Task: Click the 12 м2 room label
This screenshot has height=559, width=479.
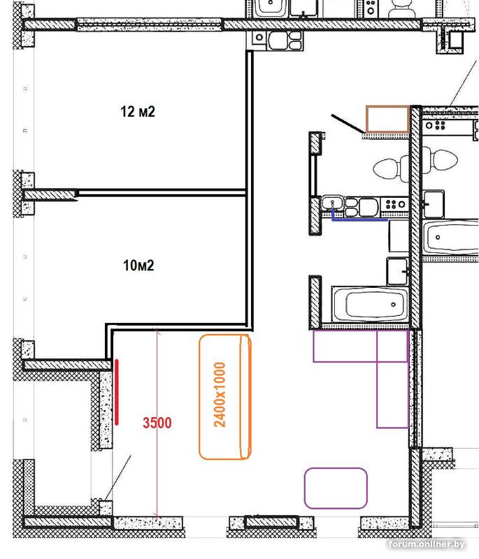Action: tap(138, 112)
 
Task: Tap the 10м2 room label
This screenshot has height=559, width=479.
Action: tap(138, 266)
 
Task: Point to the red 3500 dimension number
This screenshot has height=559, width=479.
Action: tap(157, 423)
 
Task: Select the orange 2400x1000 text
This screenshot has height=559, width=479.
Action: tap(220, 395)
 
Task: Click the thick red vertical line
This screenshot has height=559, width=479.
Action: tap(117, 392)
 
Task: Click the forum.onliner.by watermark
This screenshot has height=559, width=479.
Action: tap(427, 544)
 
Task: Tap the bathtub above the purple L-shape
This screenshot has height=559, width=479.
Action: tap(370, 305)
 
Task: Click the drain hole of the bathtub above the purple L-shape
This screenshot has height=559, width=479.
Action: tap(393, 305)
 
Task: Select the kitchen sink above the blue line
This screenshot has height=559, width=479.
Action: tap(332, 203)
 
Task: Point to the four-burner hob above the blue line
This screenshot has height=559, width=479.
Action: tap(395, 204)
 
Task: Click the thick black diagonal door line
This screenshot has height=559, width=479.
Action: tap(347, 124)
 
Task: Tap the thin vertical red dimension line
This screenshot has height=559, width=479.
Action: tap(157, 423)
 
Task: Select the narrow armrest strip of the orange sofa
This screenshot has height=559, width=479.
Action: tap(245, 396)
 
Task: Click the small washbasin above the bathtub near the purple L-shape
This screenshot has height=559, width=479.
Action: tap(397, 271)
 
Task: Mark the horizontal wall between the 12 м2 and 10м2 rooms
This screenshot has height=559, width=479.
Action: tap(162, 193)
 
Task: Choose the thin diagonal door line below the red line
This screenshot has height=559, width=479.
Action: tap(118, 478)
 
